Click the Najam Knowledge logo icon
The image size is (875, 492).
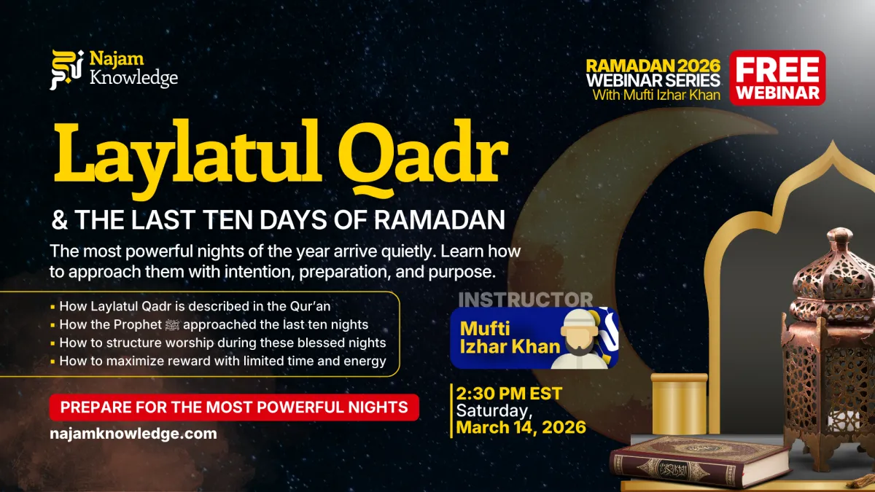pyautogui.click(x=66, y=69)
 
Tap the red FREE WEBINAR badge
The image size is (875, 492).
pyautogui.click(x=777, y=78)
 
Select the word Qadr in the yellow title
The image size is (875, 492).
pyautogui.click(x=423, y=158)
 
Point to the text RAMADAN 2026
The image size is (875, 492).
pyautogui.click(x=653, y=66)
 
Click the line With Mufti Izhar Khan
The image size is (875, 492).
pyautogui.click(x=656, y=95)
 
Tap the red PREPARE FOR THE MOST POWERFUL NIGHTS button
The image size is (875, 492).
pyautogui.click(x=234, y=407)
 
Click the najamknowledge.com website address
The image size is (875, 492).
pyautogui.click(x=133, y=434)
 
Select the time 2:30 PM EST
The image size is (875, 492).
pyautogui.click(x=509, y=393)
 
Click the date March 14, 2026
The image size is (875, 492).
pyautogui.click(x=521, y=427)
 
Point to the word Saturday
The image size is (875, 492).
pyautogui.click(x=491, y=411)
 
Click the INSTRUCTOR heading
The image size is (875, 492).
pyautogui.click(x=526, y=300)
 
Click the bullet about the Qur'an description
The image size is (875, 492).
pyautogui.click(x=190, y=306)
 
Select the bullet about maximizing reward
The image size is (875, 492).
pyautogui.click(x=218, y=362)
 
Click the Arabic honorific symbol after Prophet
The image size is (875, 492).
pyautogui.click(x=172, y=324)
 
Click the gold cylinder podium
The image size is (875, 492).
pyautogui.click(x=679, y=404)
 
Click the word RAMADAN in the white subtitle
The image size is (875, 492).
pyautogui.click(x=440, y=220)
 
